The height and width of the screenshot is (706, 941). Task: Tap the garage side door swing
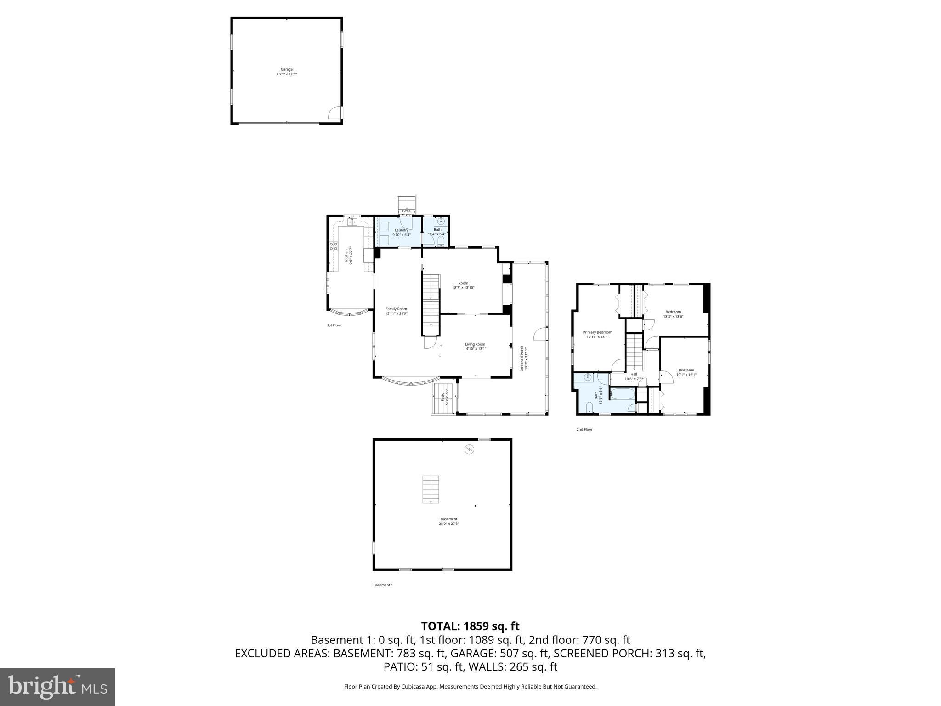(x=335, y=113)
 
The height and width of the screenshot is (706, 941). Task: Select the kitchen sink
(x=352, y=222)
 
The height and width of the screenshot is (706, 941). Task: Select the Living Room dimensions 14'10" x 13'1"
(x=475, y=349)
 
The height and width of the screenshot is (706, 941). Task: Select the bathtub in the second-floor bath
(x=622, y=394)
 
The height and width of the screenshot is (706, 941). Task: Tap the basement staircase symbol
(x=431, y=490)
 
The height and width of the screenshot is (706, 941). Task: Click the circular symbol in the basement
(x=469, y=450)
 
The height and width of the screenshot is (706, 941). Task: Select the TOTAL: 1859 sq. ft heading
(x=470, y=626)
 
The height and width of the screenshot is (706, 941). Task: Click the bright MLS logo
(x=57, y=687)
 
